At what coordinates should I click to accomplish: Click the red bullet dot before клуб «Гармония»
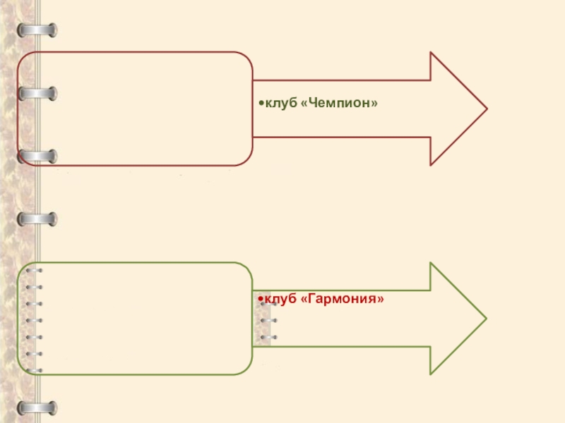pos(261,300)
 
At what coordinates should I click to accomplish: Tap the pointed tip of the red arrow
pos(486,109)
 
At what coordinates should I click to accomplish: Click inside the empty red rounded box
pos(141,109)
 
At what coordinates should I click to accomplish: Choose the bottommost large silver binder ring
pos(37,407)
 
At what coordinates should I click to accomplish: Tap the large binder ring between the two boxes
pos(37,219)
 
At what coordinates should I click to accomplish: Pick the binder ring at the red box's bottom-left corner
pos(37,156)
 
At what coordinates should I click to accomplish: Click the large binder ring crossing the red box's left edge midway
pos(37,93)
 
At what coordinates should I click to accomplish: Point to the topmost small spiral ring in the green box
pos(33,271)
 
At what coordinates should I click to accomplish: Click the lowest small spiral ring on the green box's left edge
pos(33,370)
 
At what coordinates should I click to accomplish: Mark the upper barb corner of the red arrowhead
pos(431,53)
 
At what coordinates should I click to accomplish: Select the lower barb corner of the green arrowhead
pos(431,374)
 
